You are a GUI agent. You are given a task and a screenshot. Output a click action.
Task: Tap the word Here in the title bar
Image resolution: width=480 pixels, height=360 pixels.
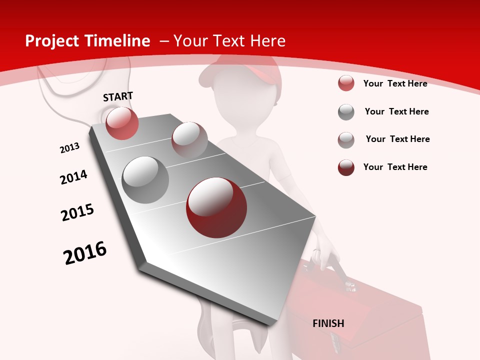coord(267,41)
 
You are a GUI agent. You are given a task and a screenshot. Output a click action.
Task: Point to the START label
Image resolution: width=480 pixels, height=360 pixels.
coord(118,96)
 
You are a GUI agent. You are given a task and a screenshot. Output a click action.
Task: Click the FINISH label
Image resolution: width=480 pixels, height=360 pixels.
coord(328,323)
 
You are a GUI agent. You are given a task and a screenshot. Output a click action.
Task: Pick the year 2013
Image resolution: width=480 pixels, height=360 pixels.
coord(70,148)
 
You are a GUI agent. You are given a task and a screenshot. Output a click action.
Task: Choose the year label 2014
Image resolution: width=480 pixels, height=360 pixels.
coord(73,177)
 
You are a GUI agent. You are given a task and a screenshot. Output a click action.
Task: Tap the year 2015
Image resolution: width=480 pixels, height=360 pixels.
coord(77,212)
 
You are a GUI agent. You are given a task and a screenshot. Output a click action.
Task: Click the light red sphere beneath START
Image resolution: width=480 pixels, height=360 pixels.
coord(122,123)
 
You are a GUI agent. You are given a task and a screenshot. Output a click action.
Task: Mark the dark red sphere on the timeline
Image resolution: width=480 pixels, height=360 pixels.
coord(216,207)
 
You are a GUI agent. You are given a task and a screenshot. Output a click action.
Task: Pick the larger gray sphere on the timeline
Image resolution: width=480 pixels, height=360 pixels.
coord(145,180)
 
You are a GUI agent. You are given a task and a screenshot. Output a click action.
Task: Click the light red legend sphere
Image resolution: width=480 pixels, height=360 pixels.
coord(346,83)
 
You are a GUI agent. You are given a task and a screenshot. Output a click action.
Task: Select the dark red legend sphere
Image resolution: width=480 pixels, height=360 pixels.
coord(346,167)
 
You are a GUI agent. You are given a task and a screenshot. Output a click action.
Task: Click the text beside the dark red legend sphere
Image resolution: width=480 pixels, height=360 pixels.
coord(395,167)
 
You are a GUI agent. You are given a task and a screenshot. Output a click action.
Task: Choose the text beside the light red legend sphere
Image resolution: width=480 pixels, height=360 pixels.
coord(395,83)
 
